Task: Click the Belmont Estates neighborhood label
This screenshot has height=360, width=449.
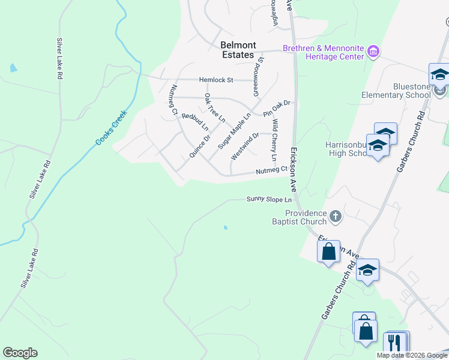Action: point(238,50)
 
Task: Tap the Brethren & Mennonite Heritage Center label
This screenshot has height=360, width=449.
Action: point(324,52)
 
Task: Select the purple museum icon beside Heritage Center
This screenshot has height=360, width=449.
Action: point(374,52)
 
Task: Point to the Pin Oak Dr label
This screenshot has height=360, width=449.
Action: point(276,108)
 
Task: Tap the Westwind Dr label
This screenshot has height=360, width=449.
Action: point(244,146)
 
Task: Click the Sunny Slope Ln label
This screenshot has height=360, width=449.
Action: point(269,199)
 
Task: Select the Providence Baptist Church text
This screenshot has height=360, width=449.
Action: point(306,217)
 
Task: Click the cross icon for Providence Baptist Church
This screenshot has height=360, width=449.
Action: point(336,215)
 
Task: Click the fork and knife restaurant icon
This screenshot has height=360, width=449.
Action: point(394,343)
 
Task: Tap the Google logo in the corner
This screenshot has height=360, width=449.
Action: point(20,353)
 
